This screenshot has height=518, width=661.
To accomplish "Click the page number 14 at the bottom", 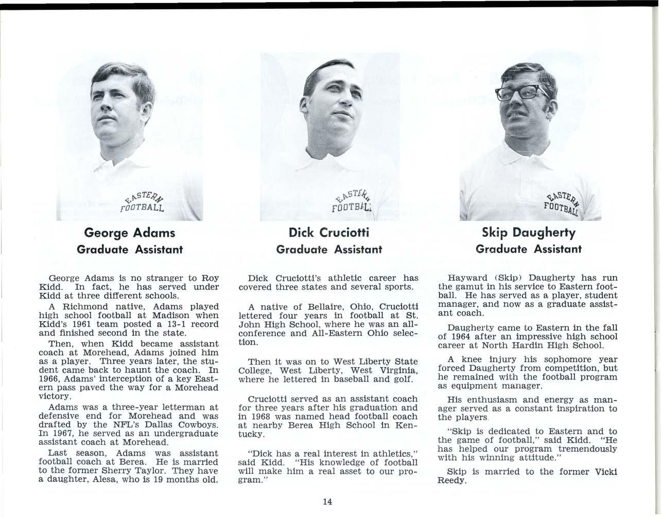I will [x=328, y=502].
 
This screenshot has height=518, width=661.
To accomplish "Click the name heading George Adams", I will [x=129, y=233].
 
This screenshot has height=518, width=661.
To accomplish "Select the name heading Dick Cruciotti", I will [x=329, y=232].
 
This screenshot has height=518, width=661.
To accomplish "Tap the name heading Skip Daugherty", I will [x=529, y=232].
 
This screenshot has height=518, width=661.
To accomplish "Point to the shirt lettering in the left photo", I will [x=143, y=204].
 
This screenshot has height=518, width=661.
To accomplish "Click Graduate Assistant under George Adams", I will [x=129, y=250].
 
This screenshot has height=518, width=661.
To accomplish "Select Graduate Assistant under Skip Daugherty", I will [x=529, y=249].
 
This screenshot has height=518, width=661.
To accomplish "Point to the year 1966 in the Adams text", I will [x=49, y=378].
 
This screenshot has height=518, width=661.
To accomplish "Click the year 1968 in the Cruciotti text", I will [x=261, y=417].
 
